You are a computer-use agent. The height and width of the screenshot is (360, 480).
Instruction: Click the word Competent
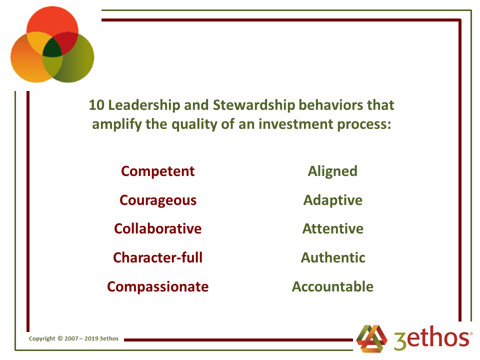(157, 171)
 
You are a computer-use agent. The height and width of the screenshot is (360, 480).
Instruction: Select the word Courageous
(158, 200)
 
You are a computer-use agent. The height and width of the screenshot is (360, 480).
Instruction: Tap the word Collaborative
(158, 228)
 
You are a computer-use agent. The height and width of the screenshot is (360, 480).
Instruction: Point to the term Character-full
(158, 257)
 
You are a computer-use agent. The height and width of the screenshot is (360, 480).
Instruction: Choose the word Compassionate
(158, 287)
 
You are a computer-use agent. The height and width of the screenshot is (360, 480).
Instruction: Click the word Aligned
(333, 171)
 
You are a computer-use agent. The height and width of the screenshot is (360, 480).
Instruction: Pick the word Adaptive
(333, 200)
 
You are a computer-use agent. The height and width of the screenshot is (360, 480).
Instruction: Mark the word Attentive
(333, 228)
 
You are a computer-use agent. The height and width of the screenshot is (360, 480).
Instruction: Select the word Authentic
(333, 257)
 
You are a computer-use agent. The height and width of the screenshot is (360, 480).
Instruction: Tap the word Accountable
(333, 286)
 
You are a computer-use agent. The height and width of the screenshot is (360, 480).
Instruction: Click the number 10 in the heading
(96, 105)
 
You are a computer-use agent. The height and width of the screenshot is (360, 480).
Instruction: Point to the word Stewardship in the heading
(254, 105)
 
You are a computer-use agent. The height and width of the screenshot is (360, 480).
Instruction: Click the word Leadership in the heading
(144, 105)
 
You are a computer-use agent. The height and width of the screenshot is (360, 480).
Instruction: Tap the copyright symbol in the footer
(60, 338)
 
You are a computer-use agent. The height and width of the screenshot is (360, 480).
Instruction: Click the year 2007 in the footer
(71, 338)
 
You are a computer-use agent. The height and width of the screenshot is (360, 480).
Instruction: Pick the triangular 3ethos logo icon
(372, 338)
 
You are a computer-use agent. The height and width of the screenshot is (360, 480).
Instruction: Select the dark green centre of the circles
(52, 48)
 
